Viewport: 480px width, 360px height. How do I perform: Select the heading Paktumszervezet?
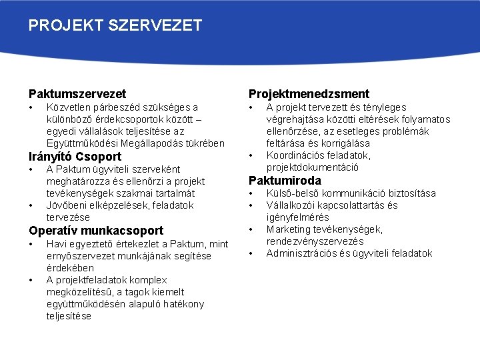point(77,94)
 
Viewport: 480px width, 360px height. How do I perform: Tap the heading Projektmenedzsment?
point(309,94)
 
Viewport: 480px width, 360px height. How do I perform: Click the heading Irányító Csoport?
point(75,157)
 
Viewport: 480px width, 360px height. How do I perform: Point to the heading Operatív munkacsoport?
point(95,231)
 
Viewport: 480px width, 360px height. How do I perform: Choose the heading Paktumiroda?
point(285,181)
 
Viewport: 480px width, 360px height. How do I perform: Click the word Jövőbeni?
point(65,205)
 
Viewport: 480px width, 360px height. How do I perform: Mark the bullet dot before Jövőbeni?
point(31,205)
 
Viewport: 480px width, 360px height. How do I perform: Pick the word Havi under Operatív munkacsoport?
point(57,244)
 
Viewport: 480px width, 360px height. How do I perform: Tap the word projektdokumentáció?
point(313,167)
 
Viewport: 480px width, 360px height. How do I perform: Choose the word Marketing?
point(288,229)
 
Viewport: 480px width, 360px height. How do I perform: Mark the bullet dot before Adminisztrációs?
point(251,253)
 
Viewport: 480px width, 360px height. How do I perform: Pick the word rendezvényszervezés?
point(315,241)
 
